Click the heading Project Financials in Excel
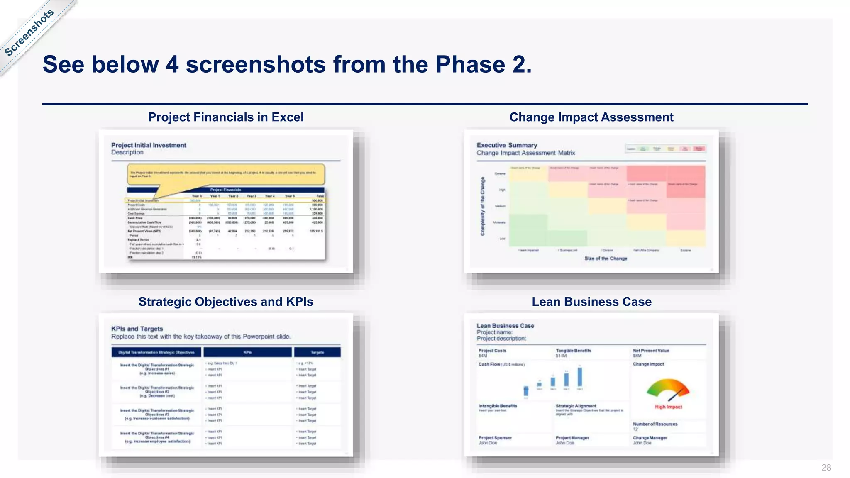pos(226,117)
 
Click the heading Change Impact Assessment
pos(591,117)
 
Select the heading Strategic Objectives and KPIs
pos(226,302)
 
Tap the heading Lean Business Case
pos(591,302)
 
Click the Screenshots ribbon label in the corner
pos(29,32)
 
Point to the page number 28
pos(826,468)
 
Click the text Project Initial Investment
pos(149,145)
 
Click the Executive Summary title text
pos(507,145)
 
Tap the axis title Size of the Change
pos(606,259)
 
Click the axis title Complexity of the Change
pos(483,206)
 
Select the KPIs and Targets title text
pos(137,329)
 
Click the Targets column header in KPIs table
pos(317,352)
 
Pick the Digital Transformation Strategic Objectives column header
pos(156,352)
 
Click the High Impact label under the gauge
pos(668,407)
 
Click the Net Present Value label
pos(651,351)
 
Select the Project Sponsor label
pos(495,438)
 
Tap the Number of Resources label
pos(655,424)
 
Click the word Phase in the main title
pos(470,65)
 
